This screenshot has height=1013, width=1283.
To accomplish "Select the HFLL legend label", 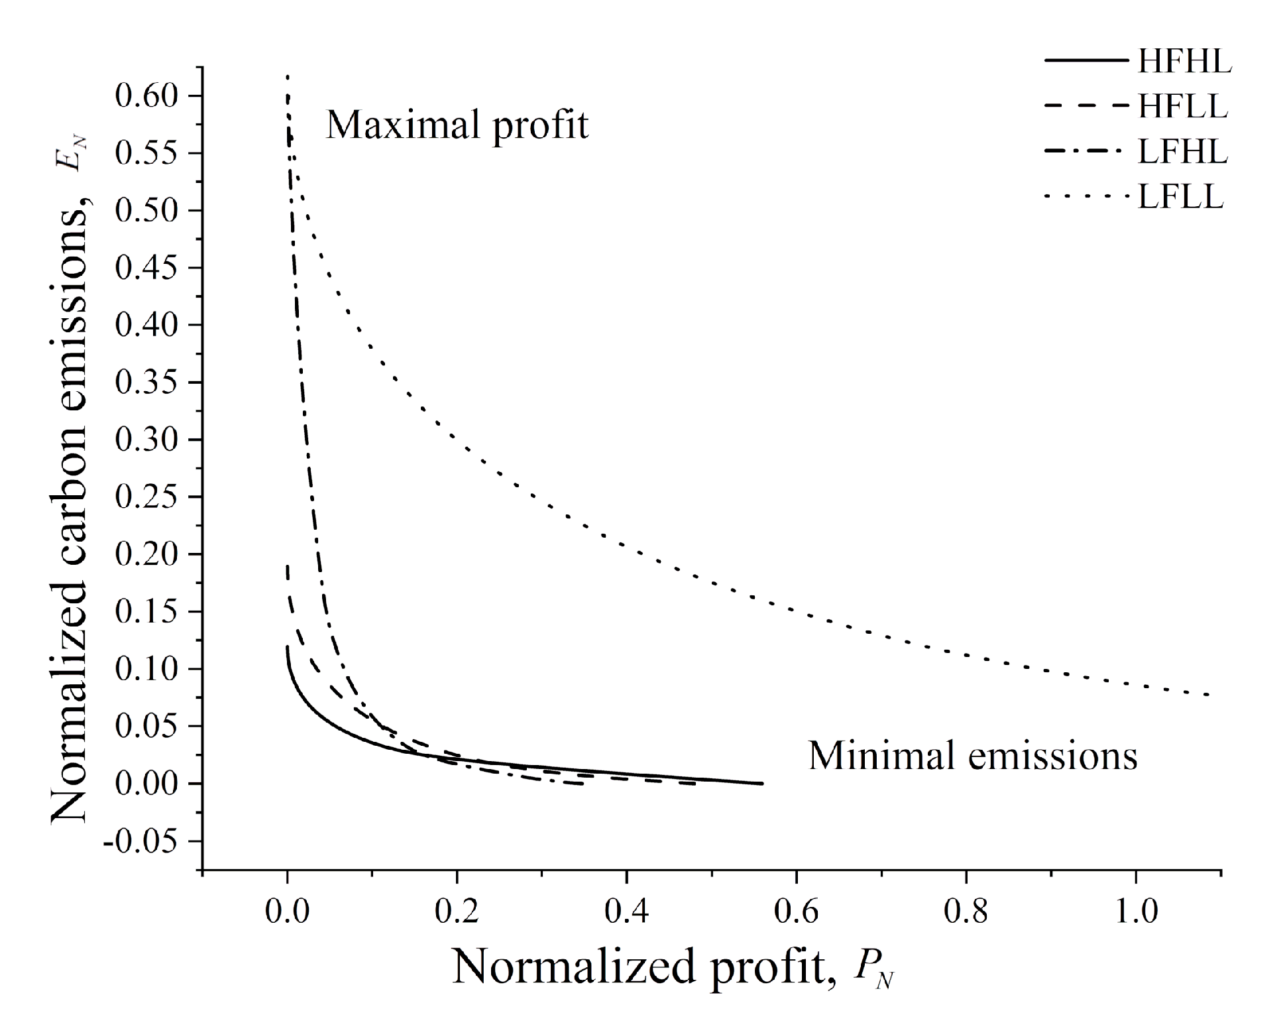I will [x=1182, y=106].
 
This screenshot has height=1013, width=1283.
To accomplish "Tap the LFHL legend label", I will [x=1182, y=152].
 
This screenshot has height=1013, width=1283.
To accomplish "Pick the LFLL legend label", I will [x=1180, y=196].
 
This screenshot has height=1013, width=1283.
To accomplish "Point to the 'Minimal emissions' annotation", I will [x=972, y=756].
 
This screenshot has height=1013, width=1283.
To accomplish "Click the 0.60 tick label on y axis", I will [x=147, y=96].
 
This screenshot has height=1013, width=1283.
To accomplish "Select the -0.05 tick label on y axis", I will [x=140, y=841].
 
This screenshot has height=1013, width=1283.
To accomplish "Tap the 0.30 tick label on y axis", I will [x=147, y=440].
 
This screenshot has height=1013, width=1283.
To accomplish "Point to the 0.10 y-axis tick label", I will [x=147, y=669].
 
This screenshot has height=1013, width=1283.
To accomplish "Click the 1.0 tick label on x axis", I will [x=1136, y=912].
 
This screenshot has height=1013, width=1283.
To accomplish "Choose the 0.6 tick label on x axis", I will [x=796, y=912].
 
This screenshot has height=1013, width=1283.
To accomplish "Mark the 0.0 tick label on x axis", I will [x=287, y=912].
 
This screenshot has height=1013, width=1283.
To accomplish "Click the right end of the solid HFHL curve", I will [x=762, y=783].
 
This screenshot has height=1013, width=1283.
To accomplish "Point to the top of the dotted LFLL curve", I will [x=288, y=78].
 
